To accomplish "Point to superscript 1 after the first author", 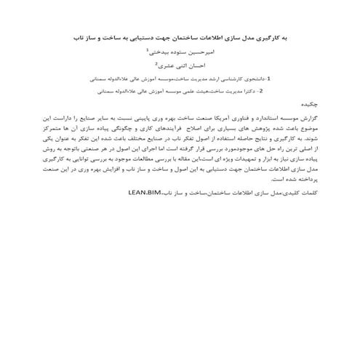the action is (x=148, y=50).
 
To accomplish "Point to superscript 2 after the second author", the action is (x=156, y=63).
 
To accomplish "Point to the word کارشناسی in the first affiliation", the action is (x=217, y=77).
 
